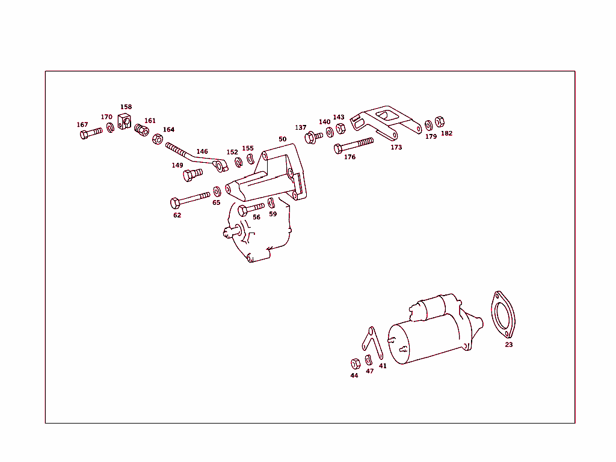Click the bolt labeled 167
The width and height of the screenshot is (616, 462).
90,133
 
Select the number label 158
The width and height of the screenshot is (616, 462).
126,107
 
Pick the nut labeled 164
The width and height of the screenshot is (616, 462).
157,139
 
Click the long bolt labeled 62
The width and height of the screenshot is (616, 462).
189,199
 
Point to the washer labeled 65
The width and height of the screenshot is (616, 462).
217,192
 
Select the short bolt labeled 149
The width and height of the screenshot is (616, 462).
192,174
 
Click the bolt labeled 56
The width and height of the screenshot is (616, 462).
250,209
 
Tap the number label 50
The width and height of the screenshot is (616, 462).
282,139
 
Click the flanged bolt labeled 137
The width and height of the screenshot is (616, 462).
312,137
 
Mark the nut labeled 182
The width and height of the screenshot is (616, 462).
440,122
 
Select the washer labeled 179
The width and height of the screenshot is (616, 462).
429,125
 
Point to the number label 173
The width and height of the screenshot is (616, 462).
396,147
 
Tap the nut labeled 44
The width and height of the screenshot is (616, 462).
355,363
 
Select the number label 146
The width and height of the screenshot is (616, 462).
202,151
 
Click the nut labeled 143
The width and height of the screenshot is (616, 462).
340,129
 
